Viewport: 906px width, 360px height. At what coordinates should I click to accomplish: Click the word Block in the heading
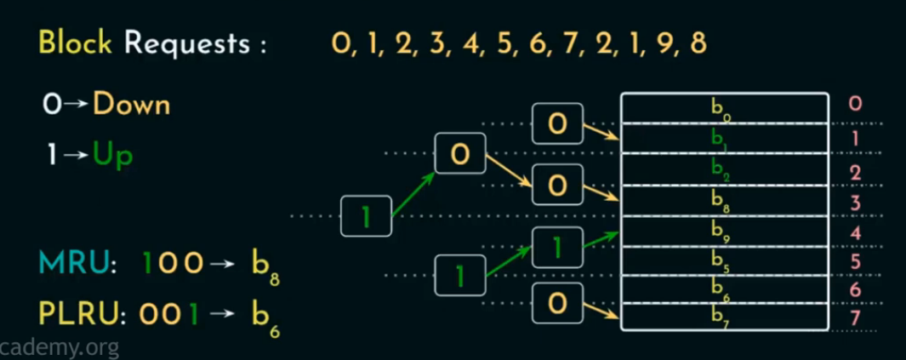point(75,43)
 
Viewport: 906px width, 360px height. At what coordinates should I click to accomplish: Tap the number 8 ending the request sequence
point(698,43)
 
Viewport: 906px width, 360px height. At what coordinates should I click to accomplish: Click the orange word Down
point(131,105)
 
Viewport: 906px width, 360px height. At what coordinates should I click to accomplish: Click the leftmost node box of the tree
point(366,216)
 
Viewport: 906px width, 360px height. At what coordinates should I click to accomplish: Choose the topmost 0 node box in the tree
point(557,123)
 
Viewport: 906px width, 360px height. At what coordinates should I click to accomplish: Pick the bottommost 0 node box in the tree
point(557,303)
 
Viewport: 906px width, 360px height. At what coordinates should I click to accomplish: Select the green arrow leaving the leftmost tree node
point(414,193)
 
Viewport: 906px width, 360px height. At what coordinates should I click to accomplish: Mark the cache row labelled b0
point(725,107)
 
